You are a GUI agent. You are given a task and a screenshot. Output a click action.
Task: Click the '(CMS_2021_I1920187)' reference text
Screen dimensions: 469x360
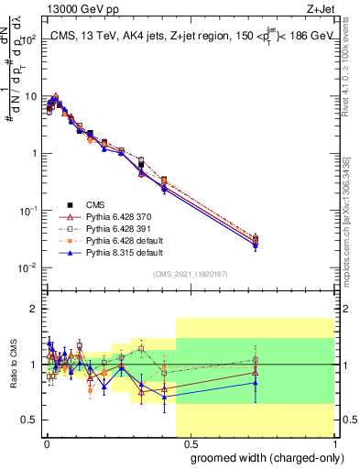(190, 273)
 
